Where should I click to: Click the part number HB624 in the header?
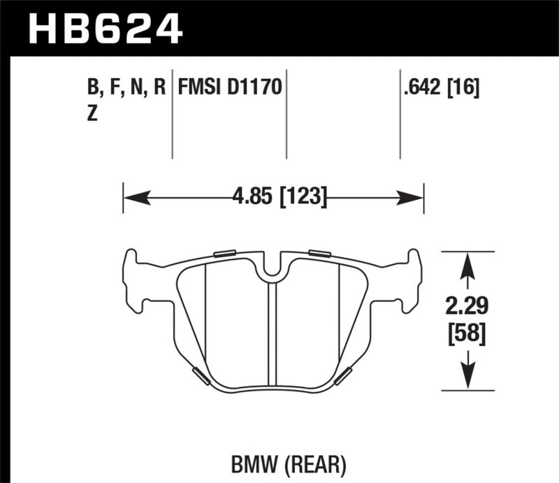tap(104, 30)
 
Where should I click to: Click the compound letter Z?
tap(92, 115)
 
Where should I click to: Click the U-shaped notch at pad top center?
tap(273, 266)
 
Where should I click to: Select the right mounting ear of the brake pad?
tap(412, 280)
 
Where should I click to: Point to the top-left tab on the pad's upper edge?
tap(226, 253)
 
